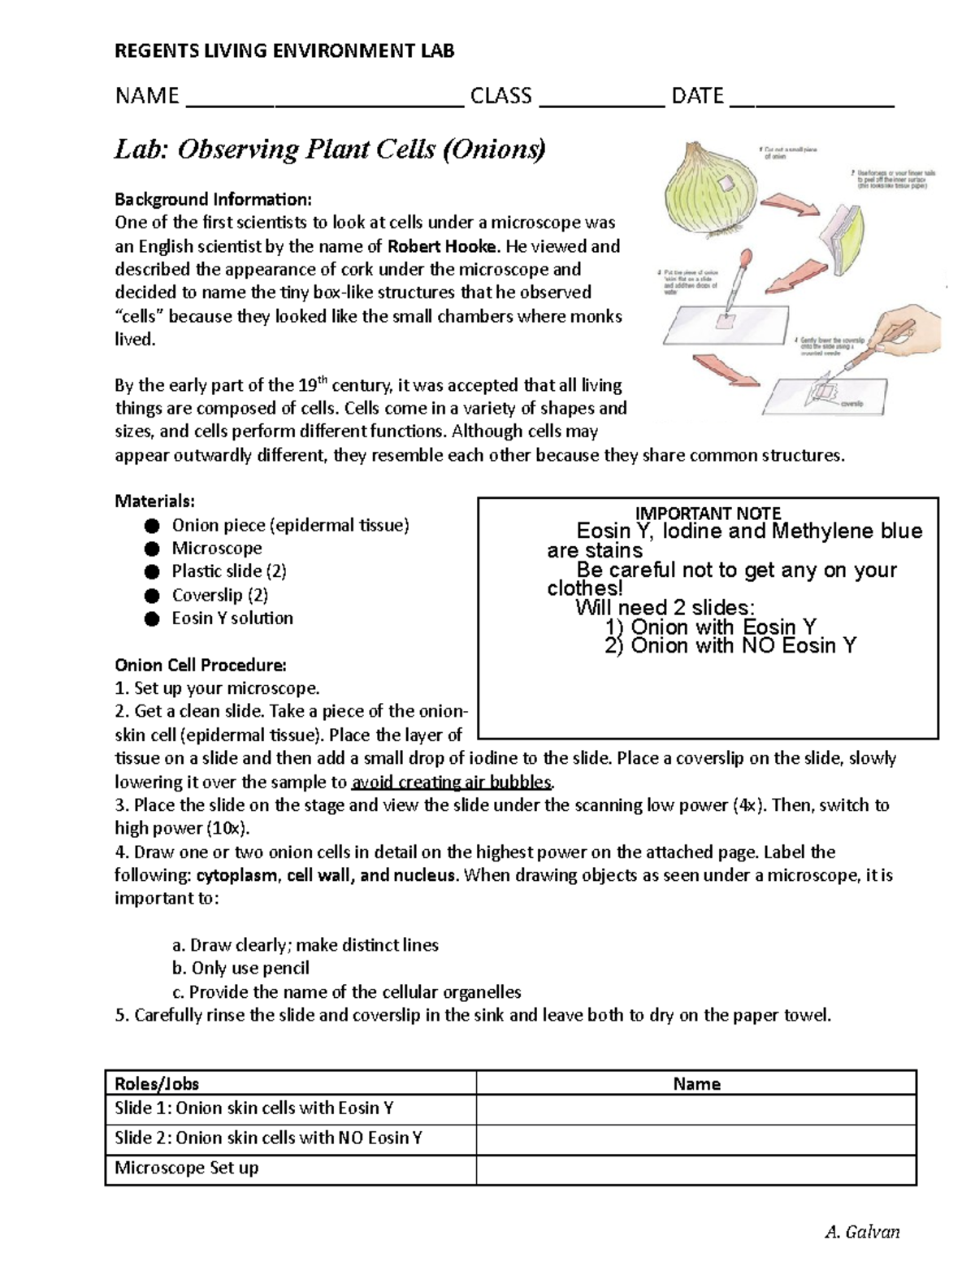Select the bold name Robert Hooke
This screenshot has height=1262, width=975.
[442, 246]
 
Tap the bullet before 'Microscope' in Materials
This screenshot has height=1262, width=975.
[152, 549]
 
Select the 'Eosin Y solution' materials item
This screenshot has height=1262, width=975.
[232, 618]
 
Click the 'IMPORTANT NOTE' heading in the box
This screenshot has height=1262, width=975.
[708, 514]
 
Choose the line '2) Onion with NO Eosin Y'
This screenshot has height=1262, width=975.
[730, 646]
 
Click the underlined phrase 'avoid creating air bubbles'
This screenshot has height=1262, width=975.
[451, 783]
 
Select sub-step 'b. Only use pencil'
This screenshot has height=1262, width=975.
[240, 969]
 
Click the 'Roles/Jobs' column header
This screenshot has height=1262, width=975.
[157, 1084]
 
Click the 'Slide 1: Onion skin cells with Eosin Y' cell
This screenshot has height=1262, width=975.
[254, 1108]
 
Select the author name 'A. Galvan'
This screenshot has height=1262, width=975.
[861, 1232]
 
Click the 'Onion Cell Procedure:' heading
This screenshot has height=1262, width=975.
[200, 666]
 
